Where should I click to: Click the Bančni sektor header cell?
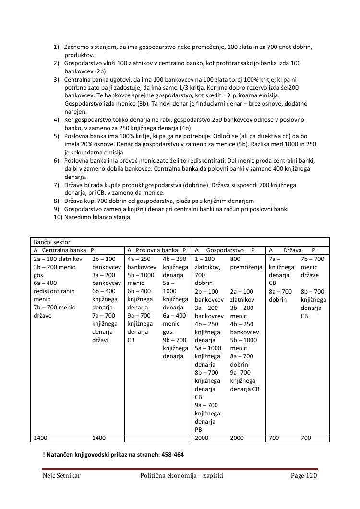51,242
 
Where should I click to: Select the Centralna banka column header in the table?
64,250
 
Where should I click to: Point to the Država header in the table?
292,250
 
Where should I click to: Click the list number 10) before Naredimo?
58,217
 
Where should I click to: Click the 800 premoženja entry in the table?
246,263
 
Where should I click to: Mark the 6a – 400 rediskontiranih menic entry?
54,291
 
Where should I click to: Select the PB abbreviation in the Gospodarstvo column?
199,430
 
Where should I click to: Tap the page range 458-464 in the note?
170,454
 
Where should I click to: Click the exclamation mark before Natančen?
44,454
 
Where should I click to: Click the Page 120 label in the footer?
304,476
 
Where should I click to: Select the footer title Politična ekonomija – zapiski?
181,476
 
